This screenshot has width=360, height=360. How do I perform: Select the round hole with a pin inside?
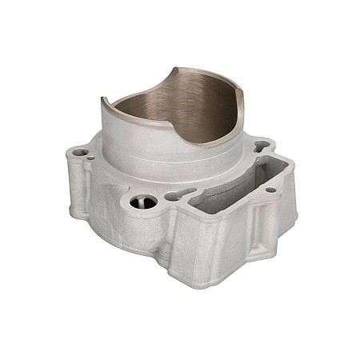[144, 202]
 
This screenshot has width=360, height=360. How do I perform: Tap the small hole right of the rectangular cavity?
[270, 190]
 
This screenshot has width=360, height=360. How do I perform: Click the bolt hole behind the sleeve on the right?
[262, 147]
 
